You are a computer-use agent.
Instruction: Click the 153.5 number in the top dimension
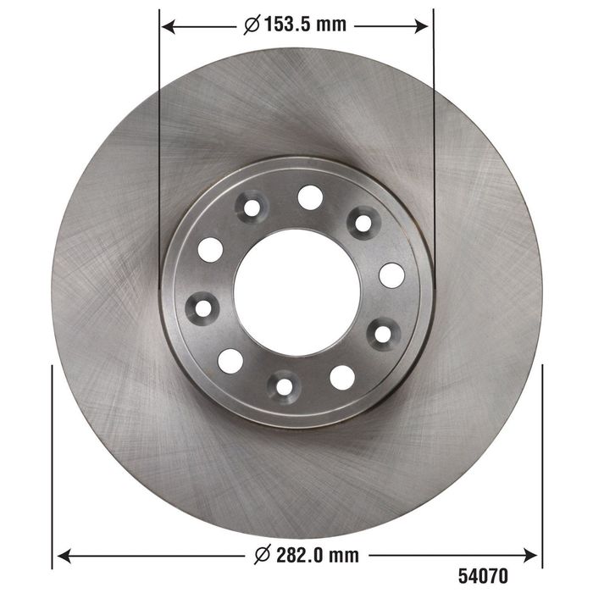286,25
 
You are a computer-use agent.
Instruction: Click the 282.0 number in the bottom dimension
299,555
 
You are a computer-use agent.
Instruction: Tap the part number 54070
483,577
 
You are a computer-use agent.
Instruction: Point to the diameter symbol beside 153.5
252,25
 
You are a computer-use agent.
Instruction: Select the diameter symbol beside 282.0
263,555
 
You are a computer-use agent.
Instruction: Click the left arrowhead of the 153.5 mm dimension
169,27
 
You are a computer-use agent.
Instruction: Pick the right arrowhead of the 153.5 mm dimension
421,26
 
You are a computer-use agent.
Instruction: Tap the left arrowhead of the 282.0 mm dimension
64,556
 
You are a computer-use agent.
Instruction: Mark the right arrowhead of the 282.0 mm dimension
529,555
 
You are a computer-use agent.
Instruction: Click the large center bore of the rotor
296,293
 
